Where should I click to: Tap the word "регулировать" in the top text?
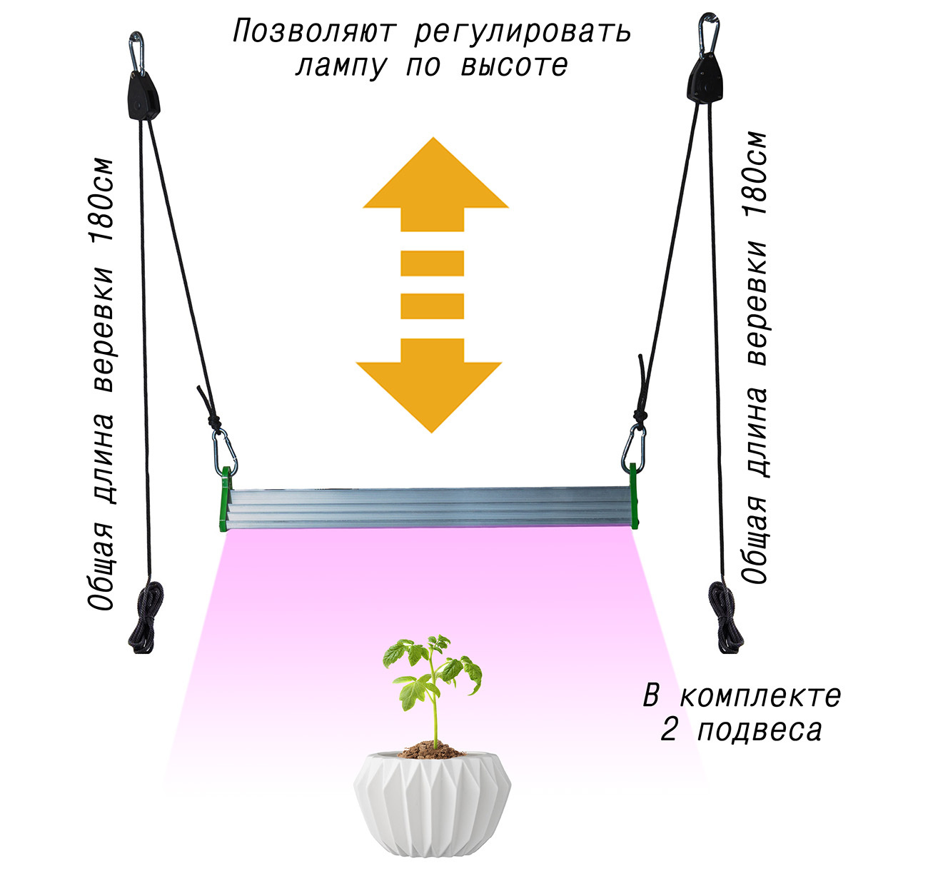[523, 32]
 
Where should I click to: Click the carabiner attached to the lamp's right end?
[632, 445]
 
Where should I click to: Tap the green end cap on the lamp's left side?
[224, 499]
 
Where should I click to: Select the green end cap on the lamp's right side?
[634, 495]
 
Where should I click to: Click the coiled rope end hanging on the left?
[146, 618]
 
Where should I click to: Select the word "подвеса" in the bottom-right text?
[760, 730]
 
